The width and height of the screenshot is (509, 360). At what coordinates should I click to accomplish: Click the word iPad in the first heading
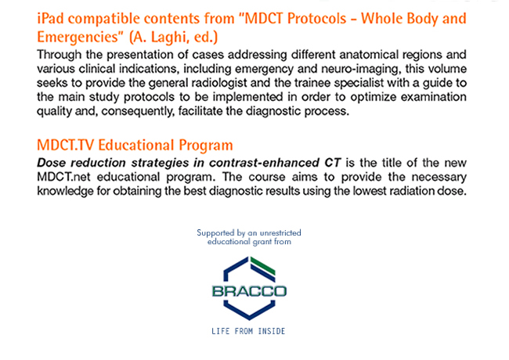coord(50,19)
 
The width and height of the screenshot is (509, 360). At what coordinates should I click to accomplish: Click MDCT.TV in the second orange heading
coord(65,145)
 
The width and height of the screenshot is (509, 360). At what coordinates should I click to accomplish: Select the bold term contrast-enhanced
coord(264,163)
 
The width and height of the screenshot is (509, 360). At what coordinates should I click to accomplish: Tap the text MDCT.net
coord(63,177)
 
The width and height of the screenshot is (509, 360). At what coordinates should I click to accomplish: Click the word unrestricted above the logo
coord(280,233)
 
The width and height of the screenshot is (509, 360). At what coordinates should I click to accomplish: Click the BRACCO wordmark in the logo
coord(249,291)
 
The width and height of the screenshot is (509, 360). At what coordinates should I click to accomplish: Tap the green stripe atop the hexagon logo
coord(263,265)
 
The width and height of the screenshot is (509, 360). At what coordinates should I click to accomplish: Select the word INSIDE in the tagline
coord(272,331)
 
